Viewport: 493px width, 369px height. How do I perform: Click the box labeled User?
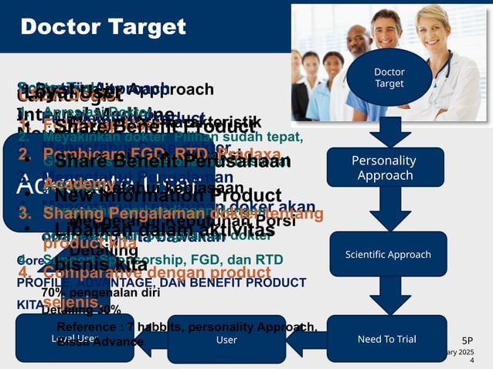point(226,339)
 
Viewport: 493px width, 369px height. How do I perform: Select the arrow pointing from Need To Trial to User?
point(307,339)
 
